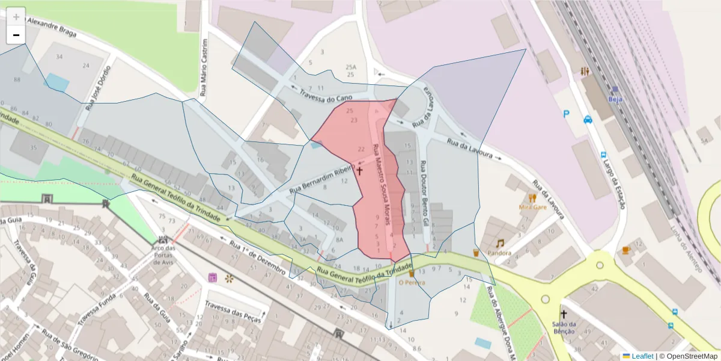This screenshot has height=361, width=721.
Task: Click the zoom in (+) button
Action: (x=16, y=16)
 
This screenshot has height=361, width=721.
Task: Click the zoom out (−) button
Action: (x=16, y=35)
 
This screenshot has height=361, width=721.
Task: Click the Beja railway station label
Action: (x=615, y=99)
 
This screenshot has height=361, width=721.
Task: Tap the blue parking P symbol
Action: (x=566, y=113)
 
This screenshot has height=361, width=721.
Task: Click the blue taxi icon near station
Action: (x=588, y=119)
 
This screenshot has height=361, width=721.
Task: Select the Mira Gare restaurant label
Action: (x=532, y=207)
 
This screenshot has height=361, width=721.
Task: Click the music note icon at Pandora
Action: (x=500, y=243)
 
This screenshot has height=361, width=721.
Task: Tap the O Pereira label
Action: (x=412, y=282)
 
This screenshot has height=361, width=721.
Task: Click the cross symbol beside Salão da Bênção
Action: (x=564, y=314)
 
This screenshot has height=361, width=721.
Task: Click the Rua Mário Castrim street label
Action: (x=204, y=68)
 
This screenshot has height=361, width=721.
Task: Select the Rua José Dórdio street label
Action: (x=99, y=88)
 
